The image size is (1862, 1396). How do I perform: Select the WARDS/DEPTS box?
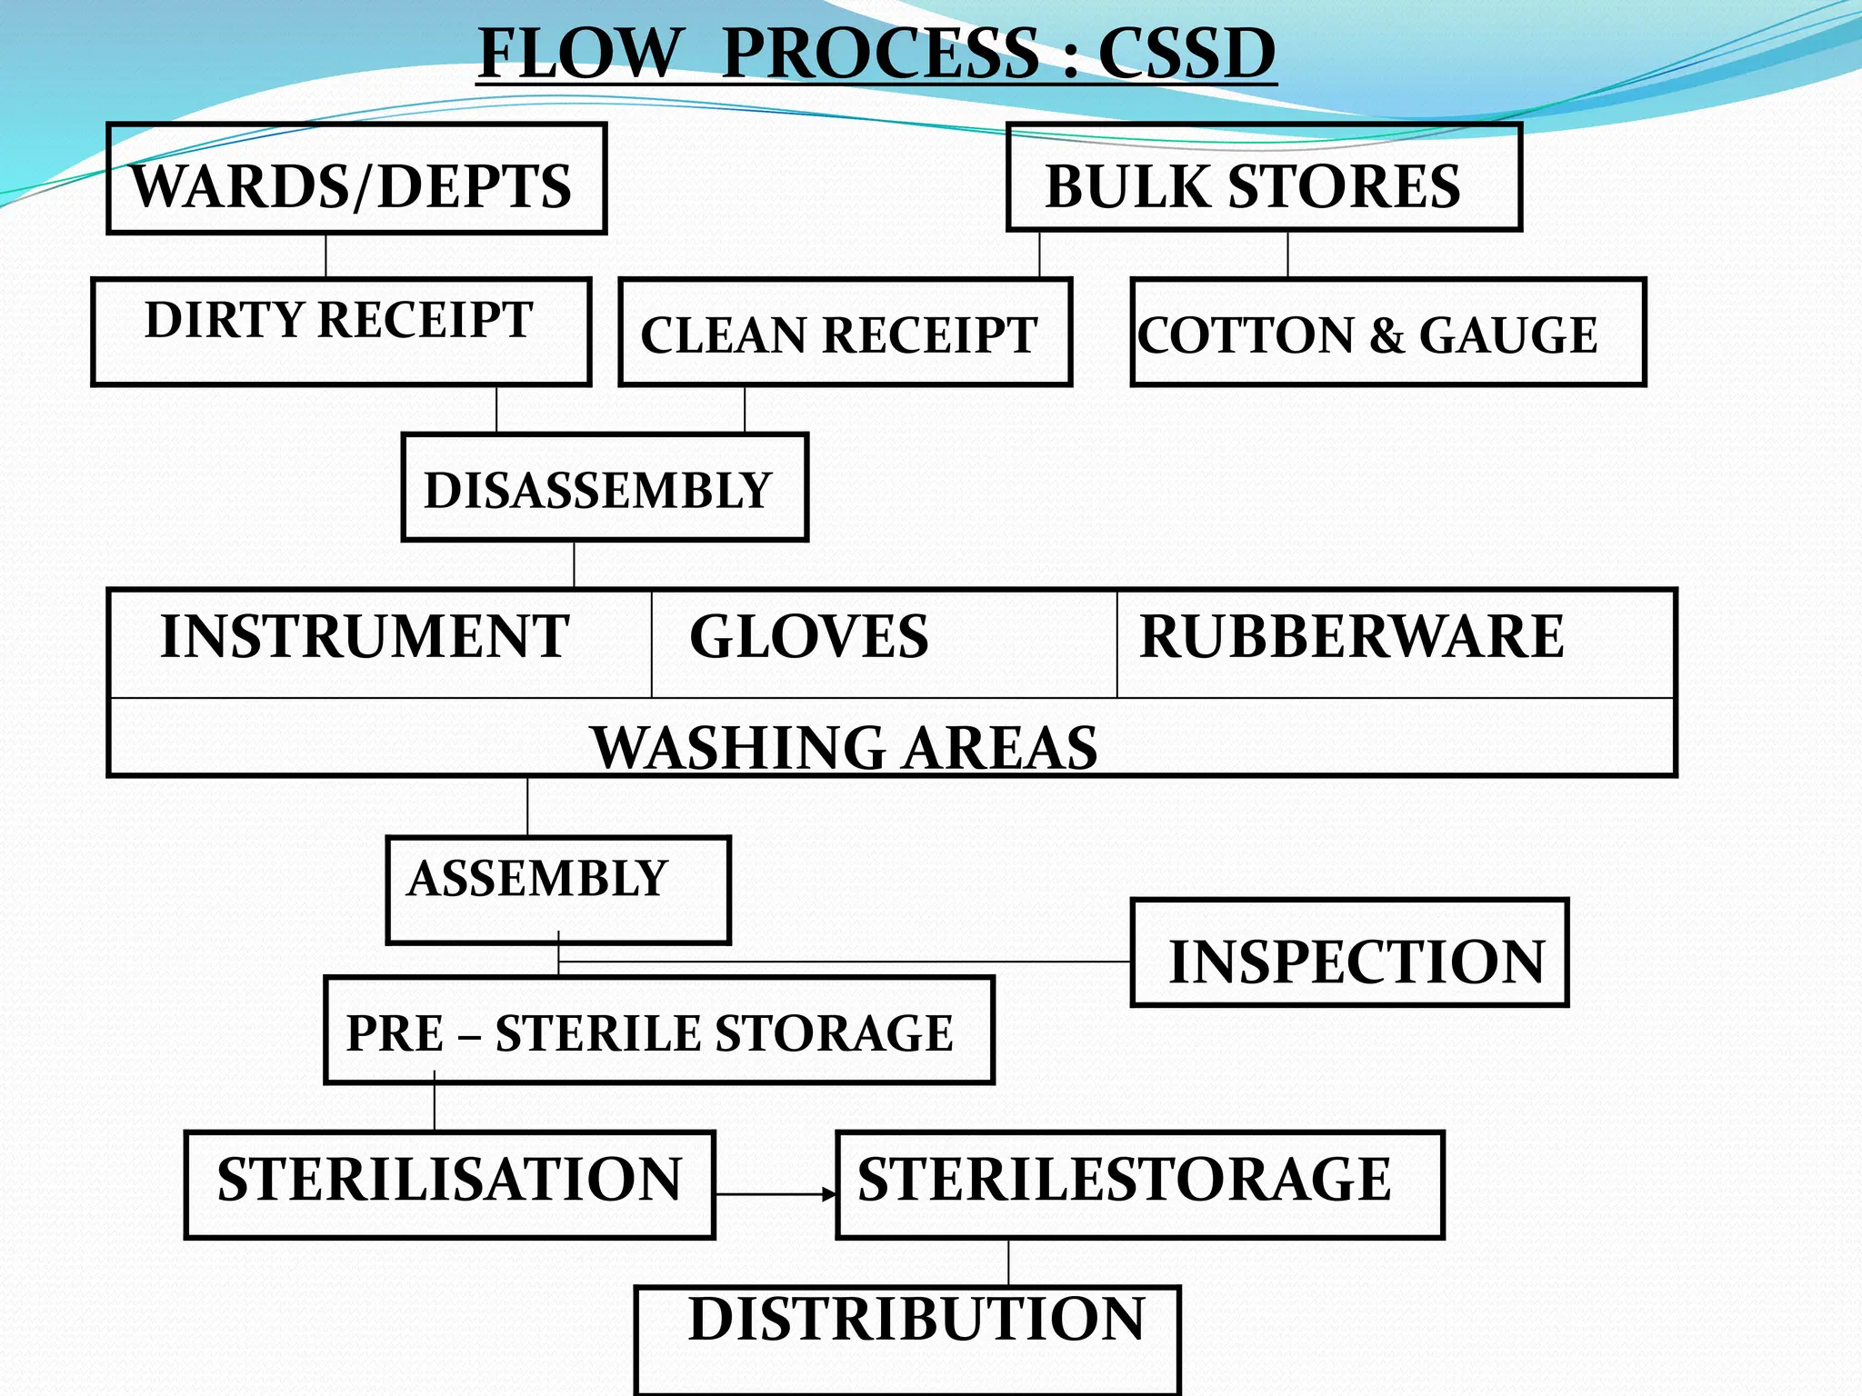click(x=355, y=179)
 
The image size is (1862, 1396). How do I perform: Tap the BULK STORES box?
click(x=1264, y=178)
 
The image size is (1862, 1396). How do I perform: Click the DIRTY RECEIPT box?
click(x=341, y=332)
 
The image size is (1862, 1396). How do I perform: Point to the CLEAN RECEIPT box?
click(x=845, y=333)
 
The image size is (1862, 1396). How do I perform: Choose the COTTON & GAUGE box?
click(x=1387, y=333)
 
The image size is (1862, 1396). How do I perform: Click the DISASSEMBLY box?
click(x=605, y=488)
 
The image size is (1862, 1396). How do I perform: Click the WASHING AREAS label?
click(x=845, y=747)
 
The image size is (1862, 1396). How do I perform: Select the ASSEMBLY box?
click(x=557, y=890)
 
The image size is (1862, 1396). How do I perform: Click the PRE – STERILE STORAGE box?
click(x=658, y=1031)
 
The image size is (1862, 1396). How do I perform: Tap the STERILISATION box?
click(x=449, y=1184)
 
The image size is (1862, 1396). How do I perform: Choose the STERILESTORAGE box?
click(x=1139, y=1184)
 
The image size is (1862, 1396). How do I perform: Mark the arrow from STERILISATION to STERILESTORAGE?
click(x=775, y=1193)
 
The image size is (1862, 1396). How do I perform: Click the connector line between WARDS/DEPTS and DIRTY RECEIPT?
click(x=325, y=255)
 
